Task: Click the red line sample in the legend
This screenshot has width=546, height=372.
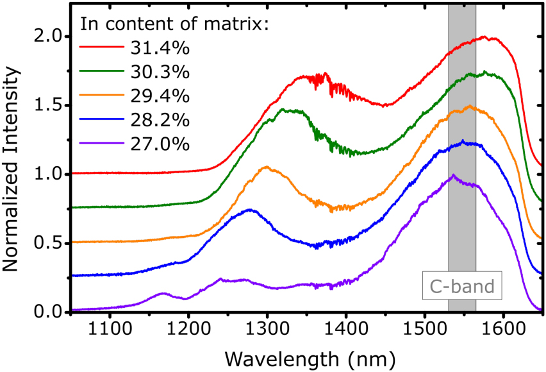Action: (x=101, y=47)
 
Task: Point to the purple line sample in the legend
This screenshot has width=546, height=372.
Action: (x=101, y=144)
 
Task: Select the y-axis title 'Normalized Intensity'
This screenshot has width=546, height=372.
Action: (x=14, y=158)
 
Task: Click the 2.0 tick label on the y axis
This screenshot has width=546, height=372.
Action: (x=49, y=36)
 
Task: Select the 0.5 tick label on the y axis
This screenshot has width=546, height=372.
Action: (x=49, y=243)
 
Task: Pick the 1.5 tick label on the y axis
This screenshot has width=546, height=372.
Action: (x=49, y=105)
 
